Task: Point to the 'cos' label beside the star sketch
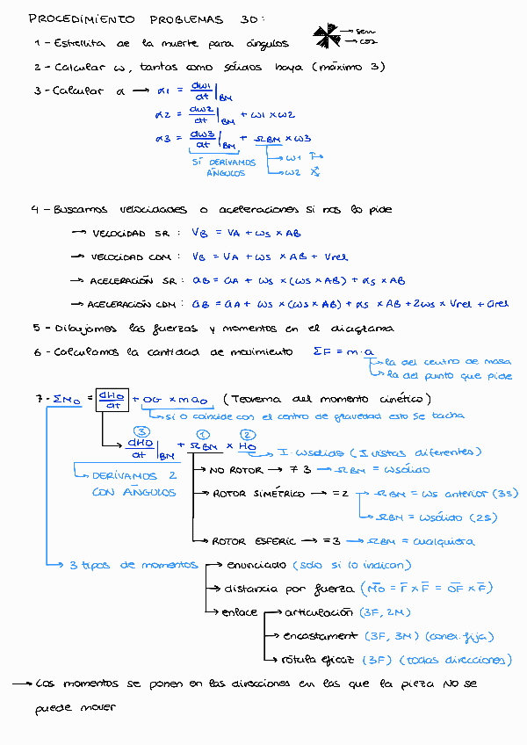click(x=367, y=41)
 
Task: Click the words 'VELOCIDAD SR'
click(x=130, y=234)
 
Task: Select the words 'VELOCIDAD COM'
click(x=132, y=257)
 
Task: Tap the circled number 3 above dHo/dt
click(x=141, y=431)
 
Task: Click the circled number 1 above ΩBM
click(x=202, y=433)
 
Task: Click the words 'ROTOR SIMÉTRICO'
click(x=258, y=494)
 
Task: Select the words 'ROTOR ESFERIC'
click(x=254, y=541)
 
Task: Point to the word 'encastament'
click(x=321, y=635)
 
